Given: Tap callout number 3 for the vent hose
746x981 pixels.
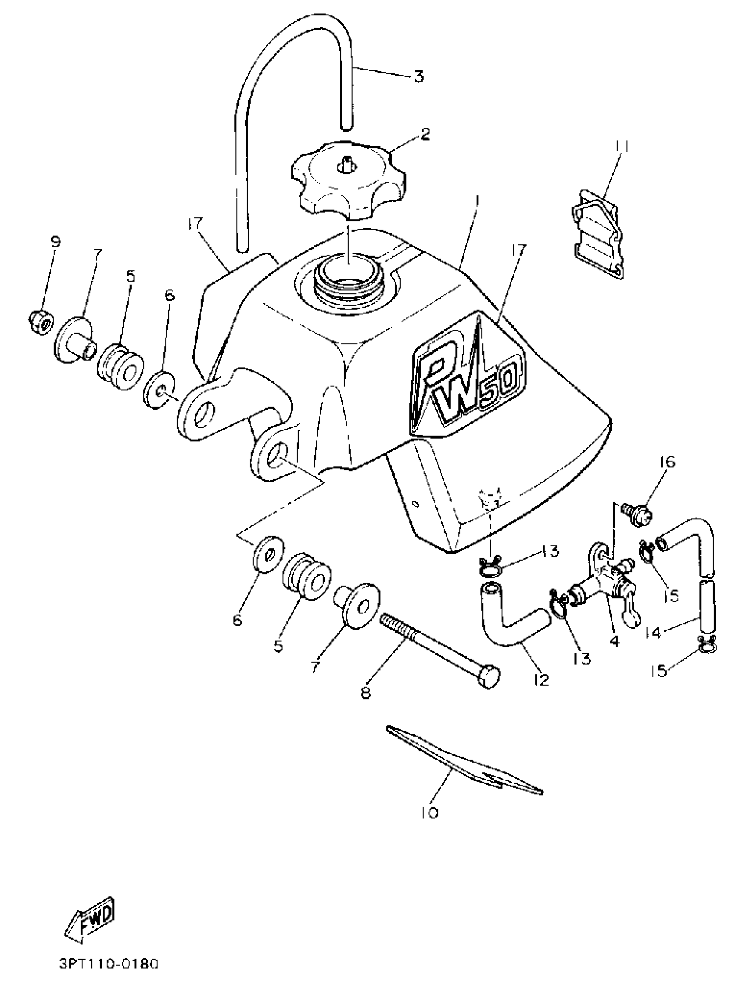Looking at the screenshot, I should [x=419, y=76].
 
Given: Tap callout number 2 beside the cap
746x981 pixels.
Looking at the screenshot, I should [x=425, y=134].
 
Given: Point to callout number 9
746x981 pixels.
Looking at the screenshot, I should [x=55, y=242].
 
